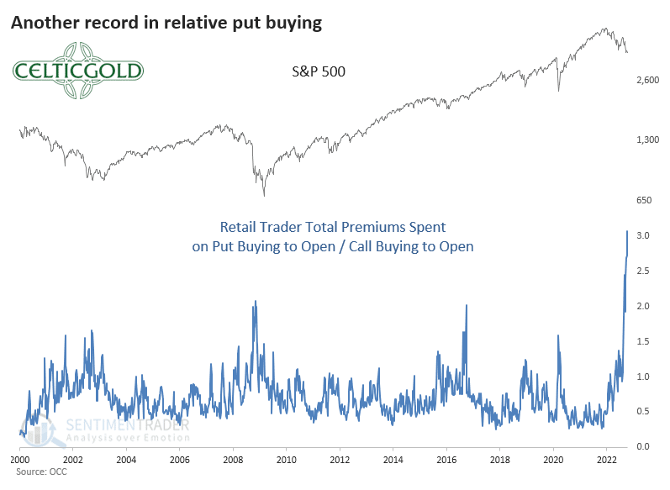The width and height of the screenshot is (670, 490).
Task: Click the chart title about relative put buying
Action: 166,23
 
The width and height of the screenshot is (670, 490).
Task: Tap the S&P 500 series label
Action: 313,72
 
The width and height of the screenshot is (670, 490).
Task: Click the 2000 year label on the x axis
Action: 19,461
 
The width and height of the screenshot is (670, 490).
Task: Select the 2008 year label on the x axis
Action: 233,461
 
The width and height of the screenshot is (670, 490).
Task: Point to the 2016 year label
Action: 447,461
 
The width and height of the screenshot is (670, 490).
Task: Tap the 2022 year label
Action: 607,461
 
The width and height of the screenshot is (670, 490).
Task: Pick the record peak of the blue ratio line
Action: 627,231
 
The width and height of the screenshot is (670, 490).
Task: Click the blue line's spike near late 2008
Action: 254,302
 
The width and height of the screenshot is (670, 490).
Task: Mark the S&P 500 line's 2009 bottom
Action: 264,196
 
